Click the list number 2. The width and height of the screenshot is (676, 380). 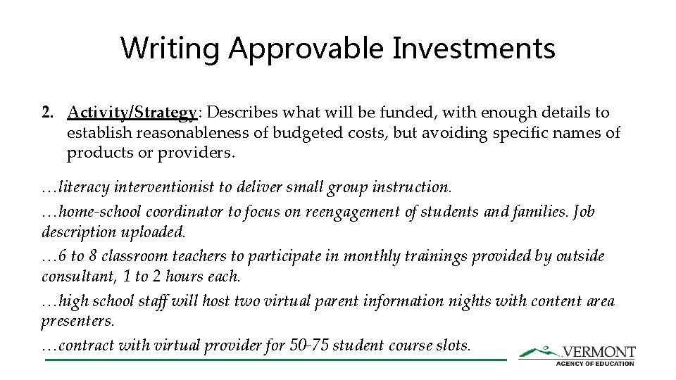pyautogui.click(x=47, y=113)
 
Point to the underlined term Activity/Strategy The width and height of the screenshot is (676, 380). pyautogui.click(x=132, y=113)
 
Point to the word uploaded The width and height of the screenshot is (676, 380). pyautogui.click(x=153, y=232)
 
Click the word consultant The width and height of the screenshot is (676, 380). pyautogui.click(x=76, y=276)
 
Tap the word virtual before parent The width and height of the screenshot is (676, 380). pyautogui.click(x=289, y=301)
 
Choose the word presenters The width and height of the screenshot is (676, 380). pyautogui.click(x=77, y=321)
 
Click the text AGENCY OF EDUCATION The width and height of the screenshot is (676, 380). pyautogui.click(x=595, y=363)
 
